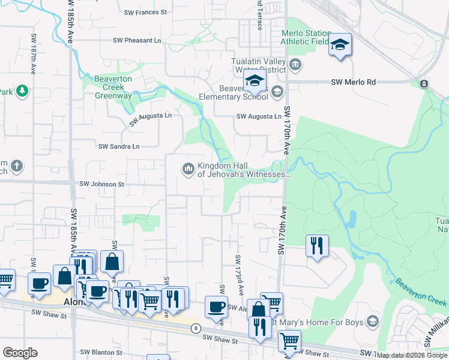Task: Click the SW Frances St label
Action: (x=145, y=12)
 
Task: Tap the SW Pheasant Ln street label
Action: (x=137, y=41)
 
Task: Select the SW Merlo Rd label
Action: (x=354, y=82)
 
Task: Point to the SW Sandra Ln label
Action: (x=119, y=146)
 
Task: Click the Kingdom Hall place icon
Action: (x=188, y=169)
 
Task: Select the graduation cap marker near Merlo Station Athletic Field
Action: (x=340, y=45)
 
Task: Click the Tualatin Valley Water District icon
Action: (x=295, y=64)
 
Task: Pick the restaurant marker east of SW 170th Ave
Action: (x=316, y=245)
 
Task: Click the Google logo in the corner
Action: (x=20, y=353)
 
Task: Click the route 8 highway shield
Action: (x=196, y=328)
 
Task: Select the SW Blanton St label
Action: (x=101, y=353)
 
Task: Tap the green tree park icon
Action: (x=22, y=91)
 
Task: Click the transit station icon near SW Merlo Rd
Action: (x=424, y=83)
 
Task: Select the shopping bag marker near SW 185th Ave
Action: (x=112, y=262)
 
